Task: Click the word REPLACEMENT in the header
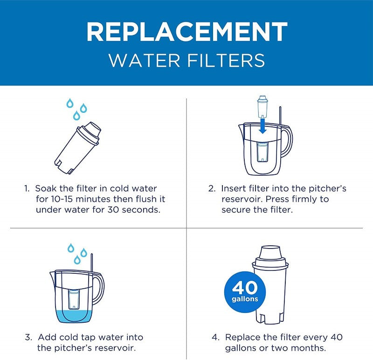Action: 186,32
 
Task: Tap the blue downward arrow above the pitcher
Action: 262,125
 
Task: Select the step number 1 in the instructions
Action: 27,189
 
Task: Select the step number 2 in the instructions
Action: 211,189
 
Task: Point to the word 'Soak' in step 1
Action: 45,189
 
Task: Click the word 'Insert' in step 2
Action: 233,189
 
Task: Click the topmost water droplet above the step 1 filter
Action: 69,103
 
